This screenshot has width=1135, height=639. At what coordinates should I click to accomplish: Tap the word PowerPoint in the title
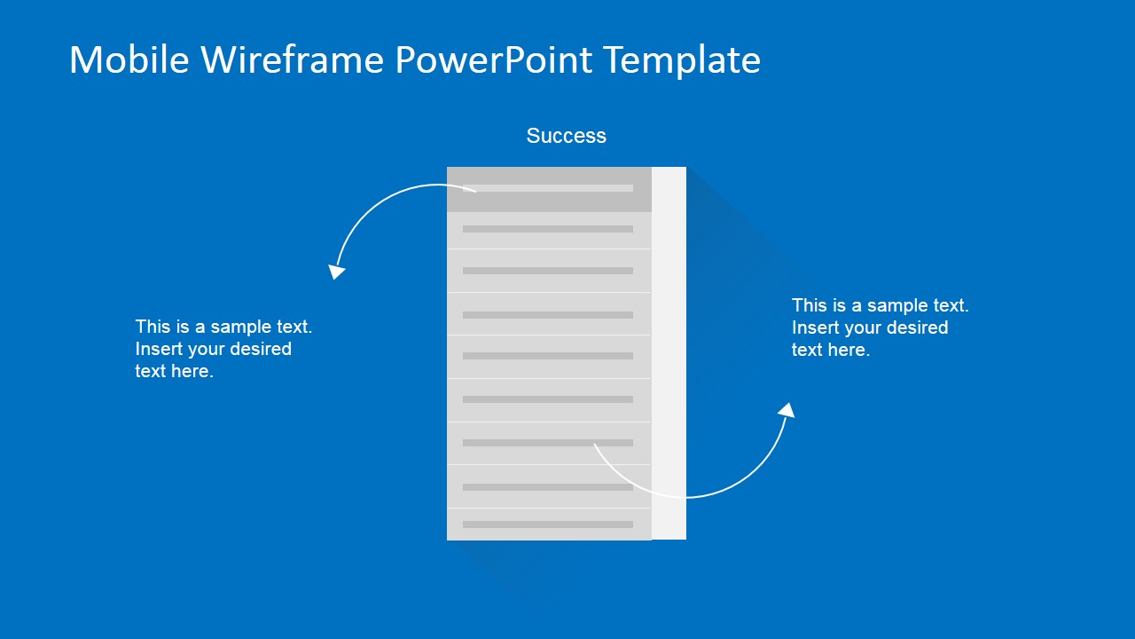(x=493, y=60)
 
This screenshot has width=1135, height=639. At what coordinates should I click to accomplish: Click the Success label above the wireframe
(x=566, y=136)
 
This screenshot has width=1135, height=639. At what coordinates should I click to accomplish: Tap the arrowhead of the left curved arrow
(x=336, y=272)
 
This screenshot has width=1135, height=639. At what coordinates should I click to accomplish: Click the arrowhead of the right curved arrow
(x=786, y=410)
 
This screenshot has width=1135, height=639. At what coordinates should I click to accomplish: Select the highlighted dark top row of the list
(x=549, y=189)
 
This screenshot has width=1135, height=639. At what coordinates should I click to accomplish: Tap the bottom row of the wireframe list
(x=549, y=524)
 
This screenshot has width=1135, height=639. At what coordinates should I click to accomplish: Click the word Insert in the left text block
(x=159, y=349)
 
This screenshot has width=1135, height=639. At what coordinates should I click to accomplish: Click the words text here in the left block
(x=174, y=371)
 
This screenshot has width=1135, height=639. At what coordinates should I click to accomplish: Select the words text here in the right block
(x=831, y=350)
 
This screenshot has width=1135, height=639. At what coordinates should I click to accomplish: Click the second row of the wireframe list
(x=549, y=230)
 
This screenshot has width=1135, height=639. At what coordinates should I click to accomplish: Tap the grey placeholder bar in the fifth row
(x=548, y=356)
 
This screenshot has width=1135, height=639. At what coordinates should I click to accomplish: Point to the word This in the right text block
(x=809, y=305)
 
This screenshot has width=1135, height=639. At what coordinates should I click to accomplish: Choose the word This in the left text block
(x=153, y=327)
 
